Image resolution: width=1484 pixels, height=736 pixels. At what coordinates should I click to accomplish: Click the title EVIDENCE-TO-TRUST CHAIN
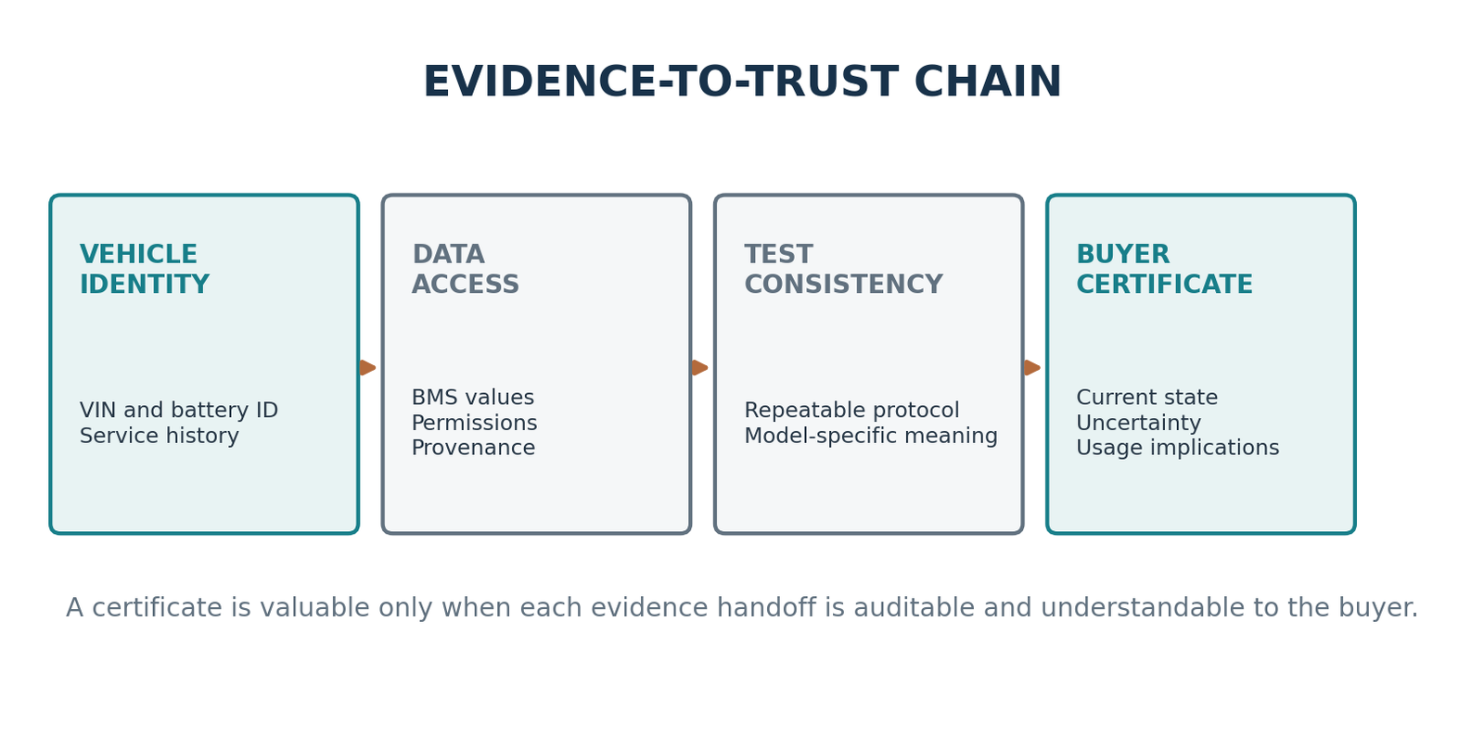click(742, 82)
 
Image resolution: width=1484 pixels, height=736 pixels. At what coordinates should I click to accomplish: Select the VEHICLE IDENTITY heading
click(145, 270)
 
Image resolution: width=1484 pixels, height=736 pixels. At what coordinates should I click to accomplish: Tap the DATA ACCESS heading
click(465, 270)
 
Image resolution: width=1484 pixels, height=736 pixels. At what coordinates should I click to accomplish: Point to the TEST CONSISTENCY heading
click(843, 270)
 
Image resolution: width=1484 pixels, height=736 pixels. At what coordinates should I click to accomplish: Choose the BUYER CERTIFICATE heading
click(1164, 270)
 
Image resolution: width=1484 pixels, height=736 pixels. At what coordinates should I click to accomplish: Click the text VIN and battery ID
click(179, 411)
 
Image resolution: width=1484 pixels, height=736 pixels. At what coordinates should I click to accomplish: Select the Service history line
click(159, 436)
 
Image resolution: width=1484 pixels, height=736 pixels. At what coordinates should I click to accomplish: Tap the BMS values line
click(472, 397)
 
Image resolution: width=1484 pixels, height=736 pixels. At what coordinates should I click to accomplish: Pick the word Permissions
click(474, 423)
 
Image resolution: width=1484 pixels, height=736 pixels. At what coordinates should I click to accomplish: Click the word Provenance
click(473, 448)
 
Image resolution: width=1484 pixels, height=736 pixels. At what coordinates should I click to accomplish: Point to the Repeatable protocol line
click(851, 411)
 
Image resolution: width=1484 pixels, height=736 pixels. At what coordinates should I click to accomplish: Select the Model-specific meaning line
click(871, 436)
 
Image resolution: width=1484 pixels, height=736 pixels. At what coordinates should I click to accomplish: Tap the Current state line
click(1146, 397)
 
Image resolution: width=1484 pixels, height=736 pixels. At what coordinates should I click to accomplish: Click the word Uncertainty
click(1138, 423)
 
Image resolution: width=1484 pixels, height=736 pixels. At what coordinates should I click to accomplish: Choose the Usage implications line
click(1177, 448)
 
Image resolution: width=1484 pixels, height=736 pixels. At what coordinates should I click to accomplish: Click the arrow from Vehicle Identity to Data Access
click(367, 367)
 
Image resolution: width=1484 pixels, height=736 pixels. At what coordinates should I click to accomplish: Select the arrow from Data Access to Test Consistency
click(699, 367)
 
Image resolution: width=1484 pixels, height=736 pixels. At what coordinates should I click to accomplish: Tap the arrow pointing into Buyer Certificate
click(1032, 367)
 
